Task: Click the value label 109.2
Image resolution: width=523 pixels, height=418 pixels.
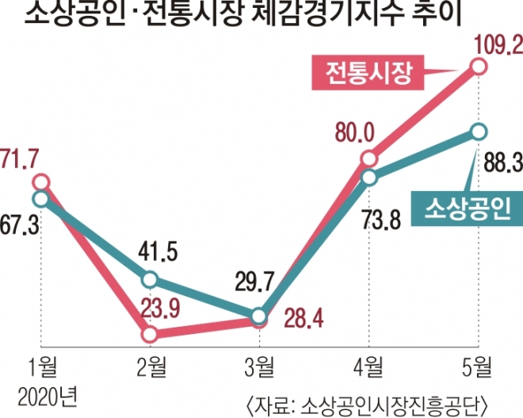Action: tap(497, 40)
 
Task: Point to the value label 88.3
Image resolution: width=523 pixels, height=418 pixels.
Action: tap(498, 165)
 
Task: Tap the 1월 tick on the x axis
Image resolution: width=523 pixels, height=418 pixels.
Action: tap(40, 367)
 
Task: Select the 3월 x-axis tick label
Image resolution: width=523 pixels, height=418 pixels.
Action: tap(258, 367)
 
